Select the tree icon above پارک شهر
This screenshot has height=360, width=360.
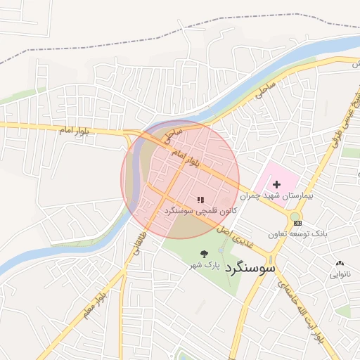tap(204, 254)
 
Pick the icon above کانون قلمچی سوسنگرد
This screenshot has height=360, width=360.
tap(200, 200)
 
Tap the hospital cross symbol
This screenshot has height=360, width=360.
tap(276, 184)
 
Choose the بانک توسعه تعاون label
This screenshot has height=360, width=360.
tap(298, 232)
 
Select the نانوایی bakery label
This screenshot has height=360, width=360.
tap(340, 274)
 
